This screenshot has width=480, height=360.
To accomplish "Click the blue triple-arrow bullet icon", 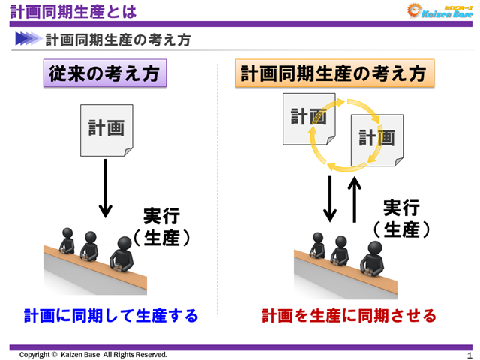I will click(x=26, y=39).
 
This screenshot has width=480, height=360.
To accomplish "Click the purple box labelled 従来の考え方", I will click(x=104, y=74).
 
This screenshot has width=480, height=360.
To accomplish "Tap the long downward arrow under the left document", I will click(x=106, y=188).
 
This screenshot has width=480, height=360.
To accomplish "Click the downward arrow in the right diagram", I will click(x=330, y=198).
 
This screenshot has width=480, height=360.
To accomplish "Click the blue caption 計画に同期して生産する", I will click(x=111, y=316).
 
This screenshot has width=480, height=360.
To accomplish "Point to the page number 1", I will click(x=469, y=355).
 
